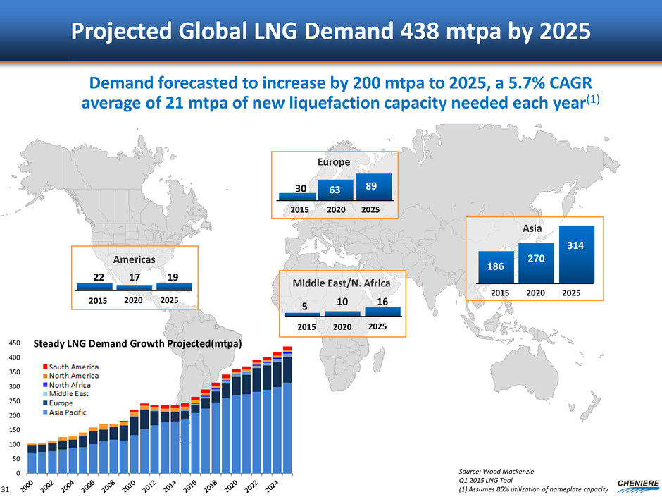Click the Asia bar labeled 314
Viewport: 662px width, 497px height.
click(577, 254)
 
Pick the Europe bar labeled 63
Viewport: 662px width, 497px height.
click(335, 190)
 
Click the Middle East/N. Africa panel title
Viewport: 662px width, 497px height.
click(335, 284)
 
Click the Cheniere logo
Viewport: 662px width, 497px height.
click(632, 481)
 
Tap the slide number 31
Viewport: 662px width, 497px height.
click(6, 489)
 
